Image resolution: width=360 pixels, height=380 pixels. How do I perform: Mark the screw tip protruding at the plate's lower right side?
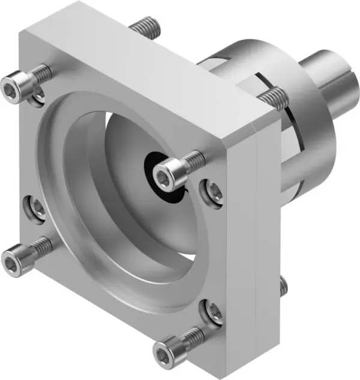(283, 287)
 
